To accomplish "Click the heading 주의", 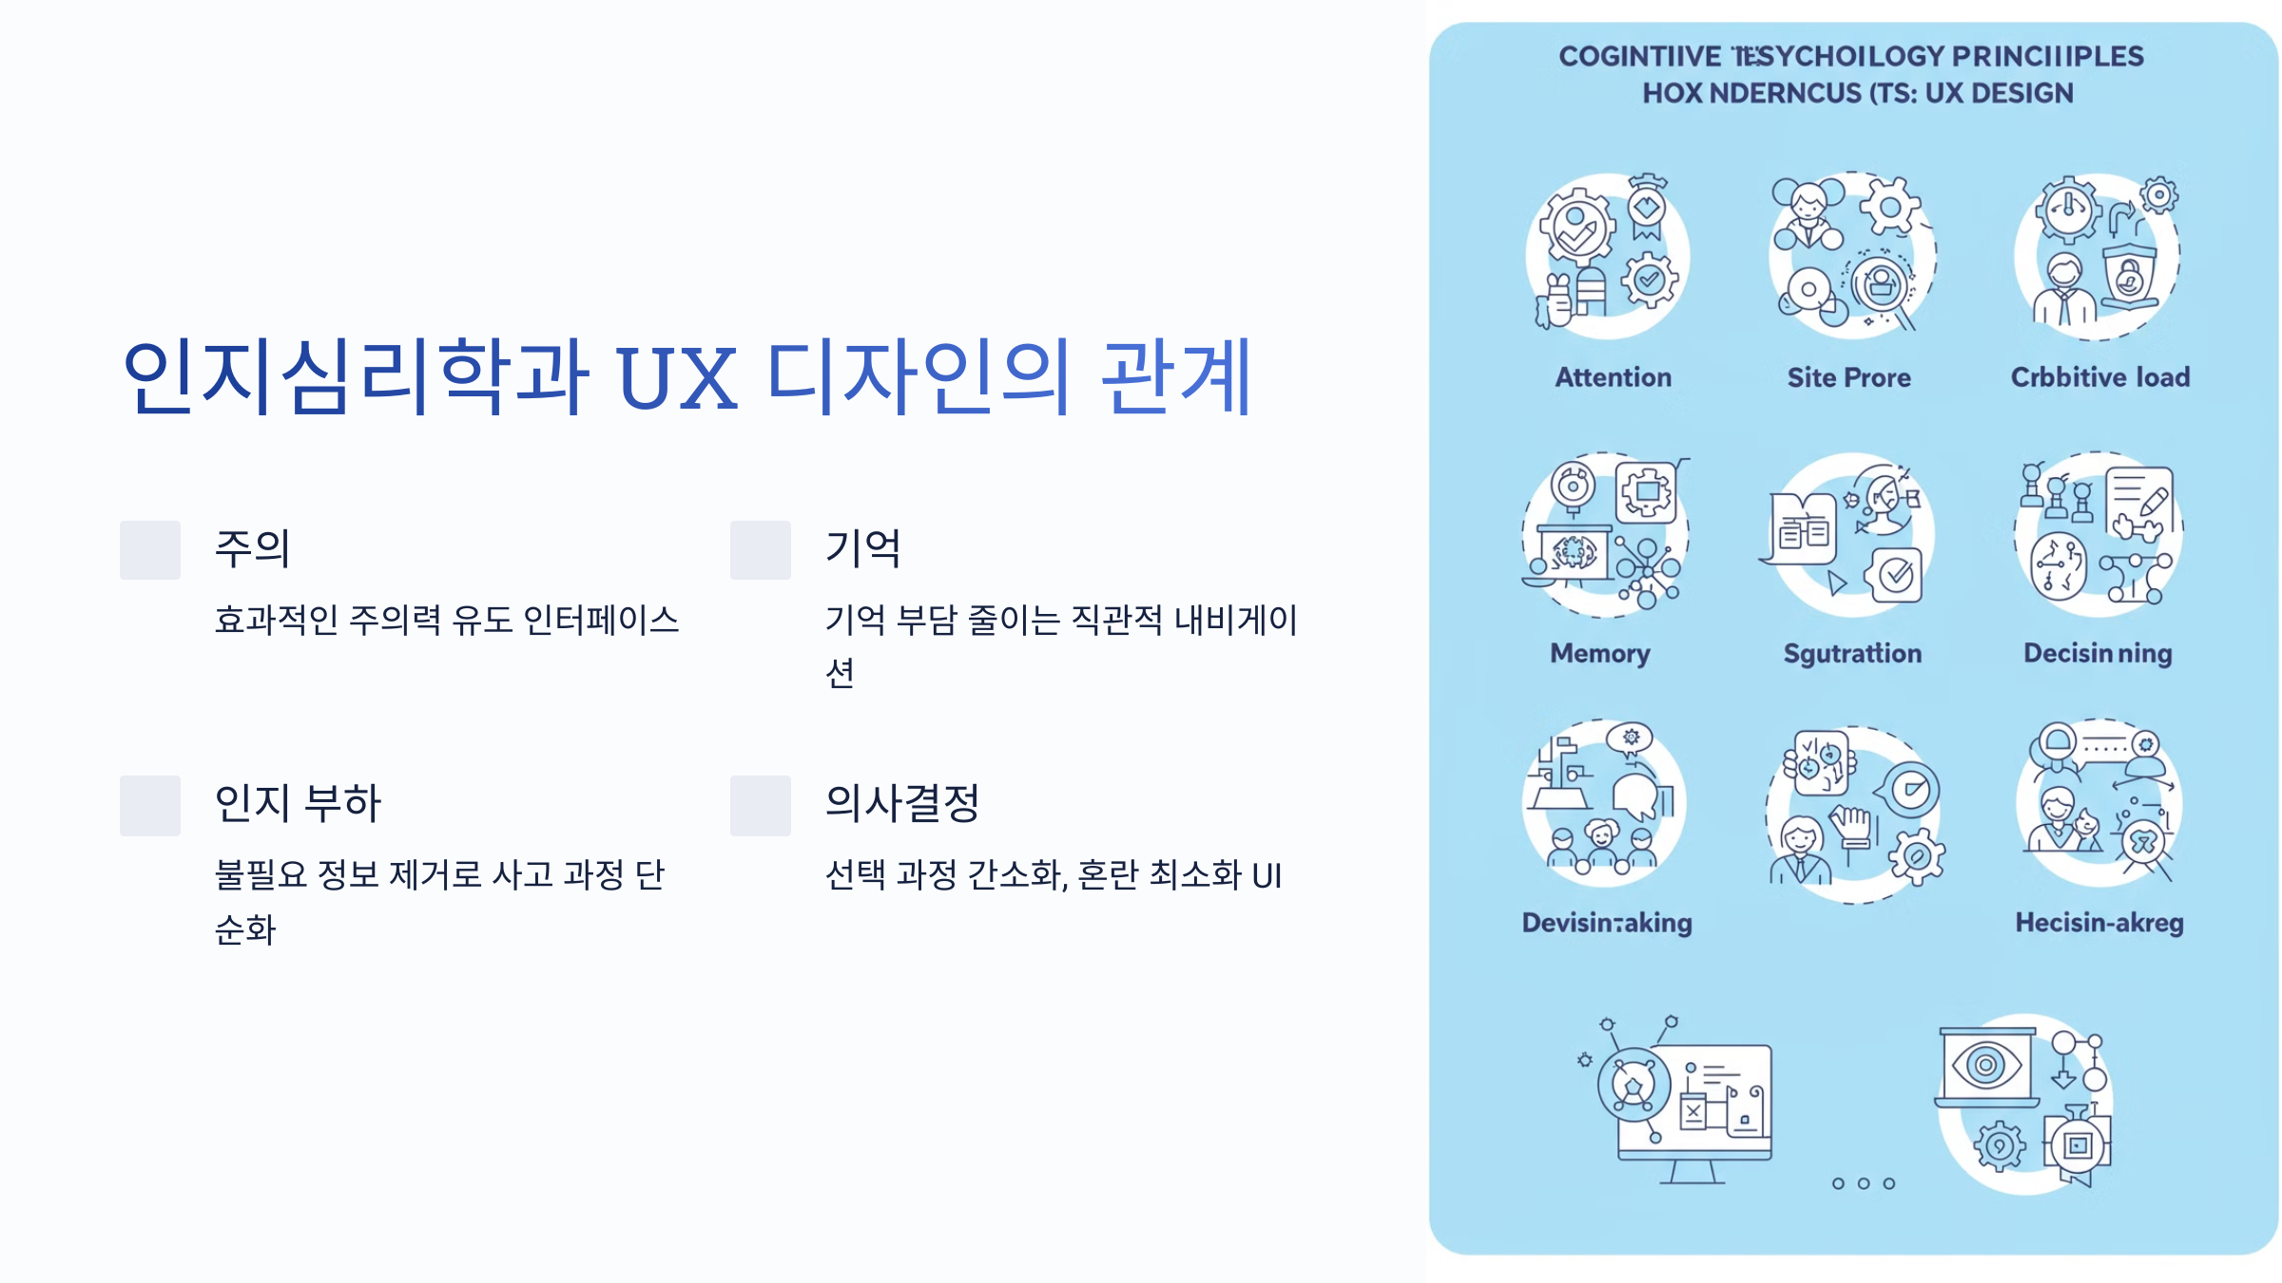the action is pyautogui.click(x=252, y=548).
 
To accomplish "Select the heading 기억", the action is pyautogui.click(x=862, y=548).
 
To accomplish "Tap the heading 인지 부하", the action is pyautogui.click(x=298, y=803).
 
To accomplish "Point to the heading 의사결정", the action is pyautogui.click(x=902, y=803).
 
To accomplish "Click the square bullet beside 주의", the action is pyautogui.click(x=150, y=550).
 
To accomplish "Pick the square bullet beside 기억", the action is pyautogui.click(x=761, y=550).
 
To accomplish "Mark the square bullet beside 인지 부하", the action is pyautogui.click(x=150, y=806).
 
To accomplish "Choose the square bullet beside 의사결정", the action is pyautogui.click(x=761, y=806).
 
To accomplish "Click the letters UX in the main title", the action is pyautogui.click(x=676, y=377).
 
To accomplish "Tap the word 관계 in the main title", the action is pyautogui.click(x=1176, y=377).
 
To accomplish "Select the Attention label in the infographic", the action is pyautogui.click(x=1613, y=377).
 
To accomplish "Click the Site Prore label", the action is pyautogui.click(x=1848, y=377).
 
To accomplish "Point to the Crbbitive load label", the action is pyautogui.click(x=2099, y=377).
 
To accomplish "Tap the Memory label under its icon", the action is pyautogui.click(x=1600, y=654).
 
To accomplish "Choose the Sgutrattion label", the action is pyautogui.click(x=1852, y=654).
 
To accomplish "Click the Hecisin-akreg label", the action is pyautogui.click(x=2099, y=923).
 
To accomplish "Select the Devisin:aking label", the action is pyautogui.click(x=1607, y=923).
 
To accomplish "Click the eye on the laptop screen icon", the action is pyautogui.click(x=1985, y=1064).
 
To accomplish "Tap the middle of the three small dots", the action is pyautogui.click(x=1864, y=1183).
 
